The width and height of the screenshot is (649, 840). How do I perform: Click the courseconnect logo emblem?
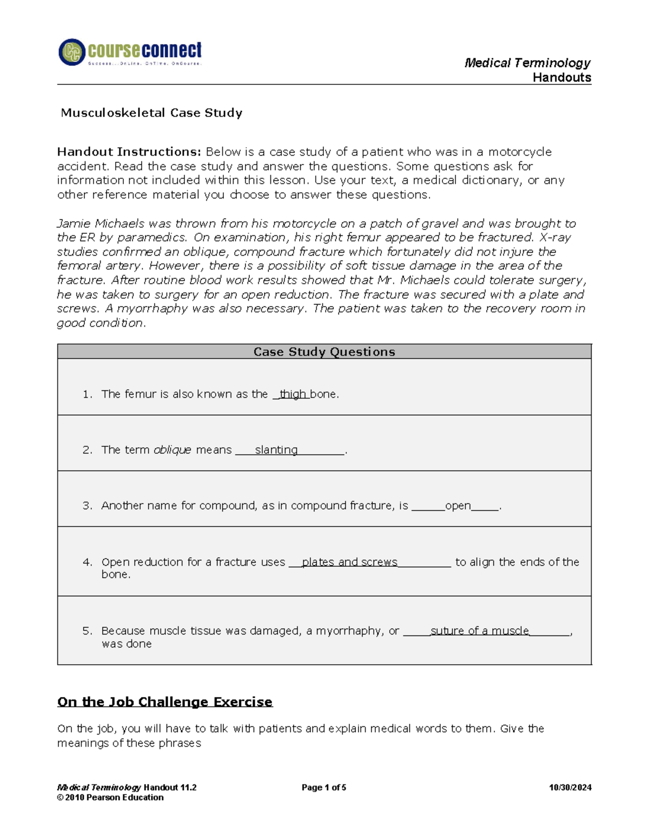[72, 52]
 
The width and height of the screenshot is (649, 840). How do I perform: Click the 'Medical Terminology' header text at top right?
[527, 63]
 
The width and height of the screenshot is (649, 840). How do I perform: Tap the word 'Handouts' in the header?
[561, 78]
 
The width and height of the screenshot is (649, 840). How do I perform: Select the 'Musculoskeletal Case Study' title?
[151, 113]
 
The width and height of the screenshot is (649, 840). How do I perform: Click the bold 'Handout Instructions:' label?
[129, 152]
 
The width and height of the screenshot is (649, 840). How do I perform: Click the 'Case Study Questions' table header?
[324, 352]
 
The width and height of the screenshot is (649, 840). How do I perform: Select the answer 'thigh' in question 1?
[293, 394]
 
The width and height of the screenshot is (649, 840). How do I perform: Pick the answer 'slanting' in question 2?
[276, 450]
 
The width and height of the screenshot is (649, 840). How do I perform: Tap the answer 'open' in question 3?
[458, 506]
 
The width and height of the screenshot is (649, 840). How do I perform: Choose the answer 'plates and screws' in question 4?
[349, 562]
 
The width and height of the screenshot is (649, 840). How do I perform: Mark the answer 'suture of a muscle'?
[479, 631]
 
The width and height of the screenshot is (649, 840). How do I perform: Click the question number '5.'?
[88, 631]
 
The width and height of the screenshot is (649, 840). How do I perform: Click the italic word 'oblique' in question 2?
[172, 450]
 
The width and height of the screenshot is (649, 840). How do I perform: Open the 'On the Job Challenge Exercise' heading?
[165, 702]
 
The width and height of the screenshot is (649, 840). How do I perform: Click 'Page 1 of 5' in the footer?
[323, 788]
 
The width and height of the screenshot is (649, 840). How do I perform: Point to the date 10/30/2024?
[569, 788]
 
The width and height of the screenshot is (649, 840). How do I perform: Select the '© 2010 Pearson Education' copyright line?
[110, 797]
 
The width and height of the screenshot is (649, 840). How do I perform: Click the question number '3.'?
[88, 506]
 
